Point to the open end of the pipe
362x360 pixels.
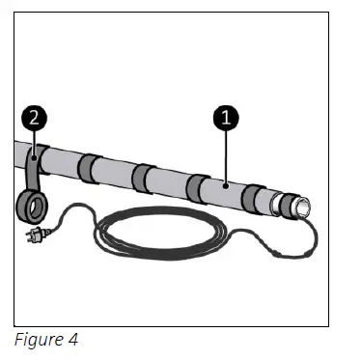coord(301,206)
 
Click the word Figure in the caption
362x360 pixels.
coord(38,340)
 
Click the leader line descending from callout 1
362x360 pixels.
coord(224,154)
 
